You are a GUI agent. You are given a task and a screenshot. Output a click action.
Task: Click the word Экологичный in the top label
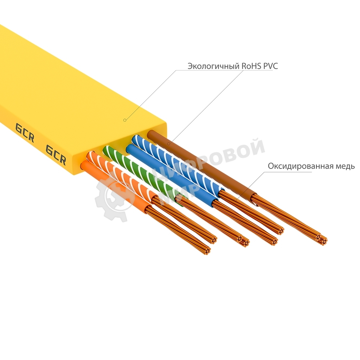[x=208, y=66]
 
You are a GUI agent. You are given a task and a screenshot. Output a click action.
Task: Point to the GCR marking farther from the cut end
[x=24, y=132]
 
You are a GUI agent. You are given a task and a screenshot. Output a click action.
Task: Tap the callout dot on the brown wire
[x=168, y=144]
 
